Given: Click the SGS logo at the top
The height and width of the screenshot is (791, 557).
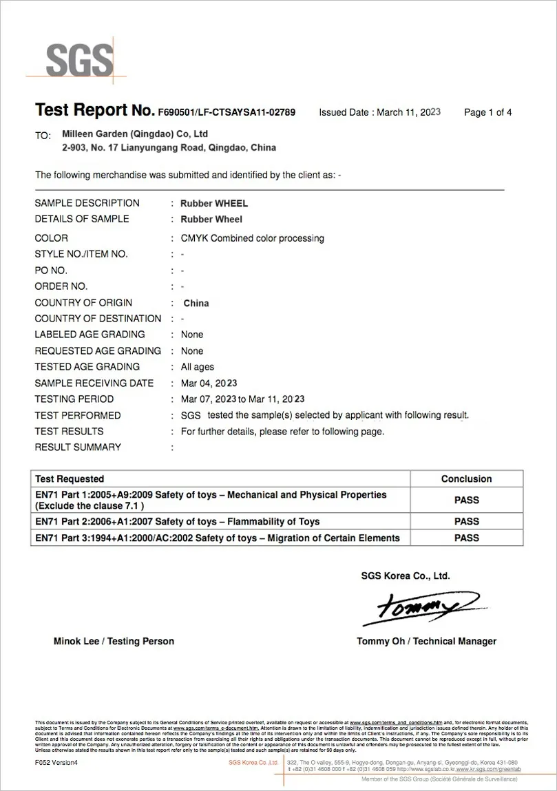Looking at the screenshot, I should coord(78,60).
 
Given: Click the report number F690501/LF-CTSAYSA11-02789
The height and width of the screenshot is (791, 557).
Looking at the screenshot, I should coord(227,112).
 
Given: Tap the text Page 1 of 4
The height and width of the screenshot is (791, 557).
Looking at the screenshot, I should coord(488,112).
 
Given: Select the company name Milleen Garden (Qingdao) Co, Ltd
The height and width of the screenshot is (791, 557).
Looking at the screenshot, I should coord(135,134).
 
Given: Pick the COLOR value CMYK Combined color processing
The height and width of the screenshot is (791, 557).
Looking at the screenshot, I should coord(252,238).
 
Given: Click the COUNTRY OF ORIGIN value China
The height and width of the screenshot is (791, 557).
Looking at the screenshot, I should coord(196,303).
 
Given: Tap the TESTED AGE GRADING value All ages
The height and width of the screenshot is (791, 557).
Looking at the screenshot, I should coord(197,367).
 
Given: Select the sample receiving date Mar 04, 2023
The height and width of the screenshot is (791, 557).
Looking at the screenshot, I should coord(209,383).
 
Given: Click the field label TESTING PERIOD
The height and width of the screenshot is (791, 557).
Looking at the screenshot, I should coord(74,399).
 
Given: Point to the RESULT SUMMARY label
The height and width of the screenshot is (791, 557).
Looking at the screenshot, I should coord(78,447).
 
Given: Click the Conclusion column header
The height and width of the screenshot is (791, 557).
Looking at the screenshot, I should coord(466,479).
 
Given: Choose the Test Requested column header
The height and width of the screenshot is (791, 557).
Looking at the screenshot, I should coord(70,479).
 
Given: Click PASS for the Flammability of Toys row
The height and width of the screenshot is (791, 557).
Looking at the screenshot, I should coord(466,522).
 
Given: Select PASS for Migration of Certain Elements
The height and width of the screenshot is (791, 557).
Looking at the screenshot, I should coord(466,538).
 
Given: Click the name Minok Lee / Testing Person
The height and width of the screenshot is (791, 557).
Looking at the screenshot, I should coord(114,642).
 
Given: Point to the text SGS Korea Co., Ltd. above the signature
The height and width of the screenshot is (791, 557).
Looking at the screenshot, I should coord(406,576).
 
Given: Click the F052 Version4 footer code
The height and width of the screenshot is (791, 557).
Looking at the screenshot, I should coord(56,763).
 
